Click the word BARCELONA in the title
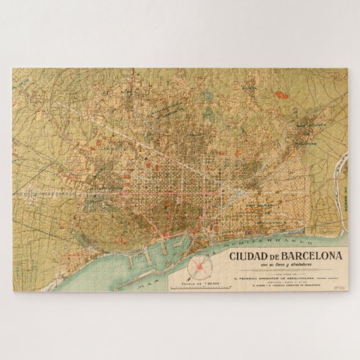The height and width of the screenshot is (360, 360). [314, 256]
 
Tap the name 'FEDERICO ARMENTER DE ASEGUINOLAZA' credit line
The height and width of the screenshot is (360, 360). [280, 276]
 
